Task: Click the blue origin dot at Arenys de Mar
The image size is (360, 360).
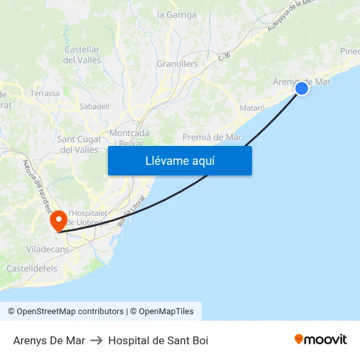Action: click(302, 88)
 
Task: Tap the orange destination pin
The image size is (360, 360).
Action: click(59, 220)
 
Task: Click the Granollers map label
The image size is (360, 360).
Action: click(177, 64)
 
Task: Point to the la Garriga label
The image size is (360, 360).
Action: click(177, 14)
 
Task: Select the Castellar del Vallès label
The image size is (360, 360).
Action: click(82, 55)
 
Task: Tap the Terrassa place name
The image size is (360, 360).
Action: click(45, 94)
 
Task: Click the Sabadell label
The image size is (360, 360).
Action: click(94, 106)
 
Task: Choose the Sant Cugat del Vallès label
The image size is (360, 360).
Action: click(79, 144)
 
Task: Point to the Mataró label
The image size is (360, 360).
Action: click(252, 107)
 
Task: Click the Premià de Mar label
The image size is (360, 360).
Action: click(212, 137)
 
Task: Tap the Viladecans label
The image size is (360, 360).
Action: click(47, 249)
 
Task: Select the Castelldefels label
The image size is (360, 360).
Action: click(31, 268)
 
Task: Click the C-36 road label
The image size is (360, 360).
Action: click(225, 57)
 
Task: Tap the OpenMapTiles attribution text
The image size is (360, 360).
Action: click(166, 312)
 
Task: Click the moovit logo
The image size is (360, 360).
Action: click(321, 339)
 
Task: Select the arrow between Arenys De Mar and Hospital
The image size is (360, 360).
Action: click(96, 340)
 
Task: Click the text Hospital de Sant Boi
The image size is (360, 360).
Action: click(158, 340)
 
